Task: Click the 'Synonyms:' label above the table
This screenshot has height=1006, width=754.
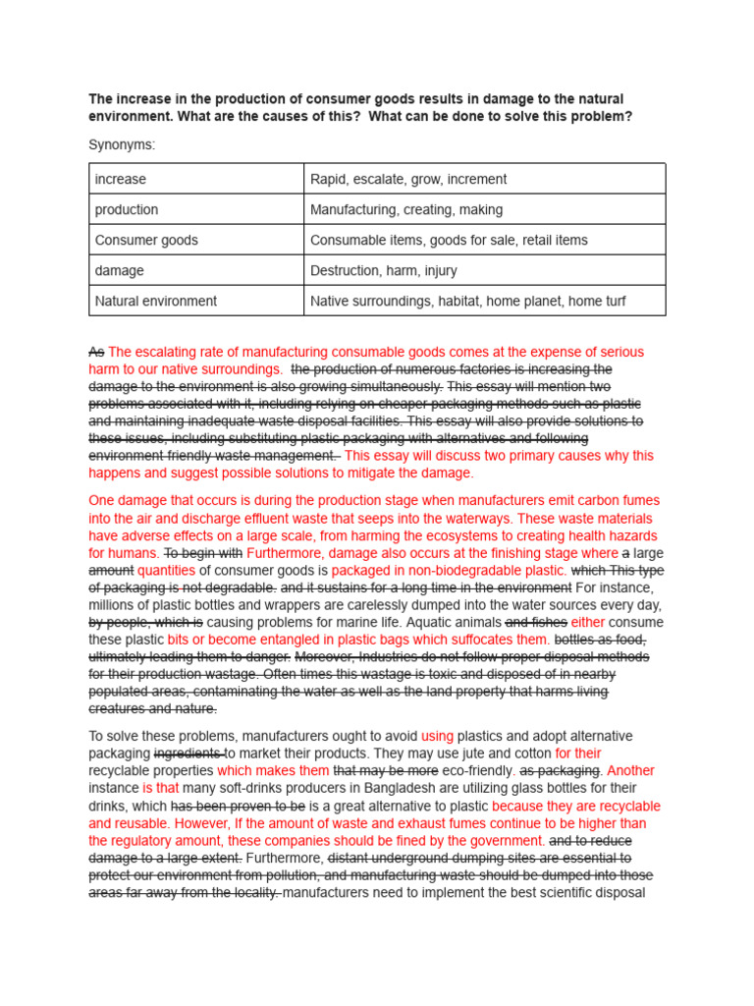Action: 122,145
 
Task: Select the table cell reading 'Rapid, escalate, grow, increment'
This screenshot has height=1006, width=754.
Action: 408,179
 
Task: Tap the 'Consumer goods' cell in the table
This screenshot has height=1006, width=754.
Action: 146,241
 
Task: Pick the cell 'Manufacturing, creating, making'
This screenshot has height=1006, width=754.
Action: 406,210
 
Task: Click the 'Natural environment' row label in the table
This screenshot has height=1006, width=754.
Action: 156,302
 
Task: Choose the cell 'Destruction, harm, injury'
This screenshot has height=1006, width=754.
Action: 384,271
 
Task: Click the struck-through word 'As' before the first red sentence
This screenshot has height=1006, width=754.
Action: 96,352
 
